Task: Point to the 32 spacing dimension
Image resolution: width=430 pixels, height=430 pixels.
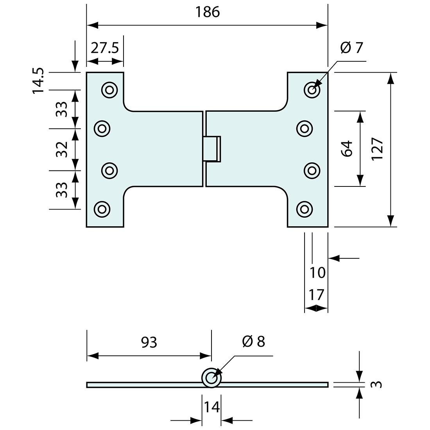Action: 62,149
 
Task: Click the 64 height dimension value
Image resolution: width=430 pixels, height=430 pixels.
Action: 347,149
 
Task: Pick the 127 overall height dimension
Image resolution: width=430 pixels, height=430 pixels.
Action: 378,149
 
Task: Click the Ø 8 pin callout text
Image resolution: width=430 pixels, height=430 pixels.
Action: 253,341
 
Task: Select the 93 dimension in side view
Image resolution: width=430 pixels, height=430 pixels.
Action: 149,342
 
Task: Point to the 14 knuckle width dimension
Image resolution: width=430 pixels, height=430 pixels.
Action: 211,407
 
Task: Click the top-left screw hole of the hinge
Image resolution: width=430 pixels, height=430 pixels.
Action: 109,90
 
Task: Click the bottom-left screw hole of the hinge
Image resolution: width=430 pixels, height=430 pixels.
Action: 102,208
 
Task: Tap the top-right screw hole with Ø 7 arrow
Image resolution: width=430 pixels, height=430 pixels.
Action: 312,90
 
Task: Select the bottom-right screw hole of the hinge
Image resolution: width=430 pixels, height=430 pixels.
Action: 305,208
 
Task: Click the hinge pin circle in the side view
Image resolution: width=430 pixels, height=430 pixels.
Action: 211,378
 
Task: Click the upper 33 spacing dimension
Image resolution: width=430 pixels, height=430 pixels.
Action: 62,109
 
